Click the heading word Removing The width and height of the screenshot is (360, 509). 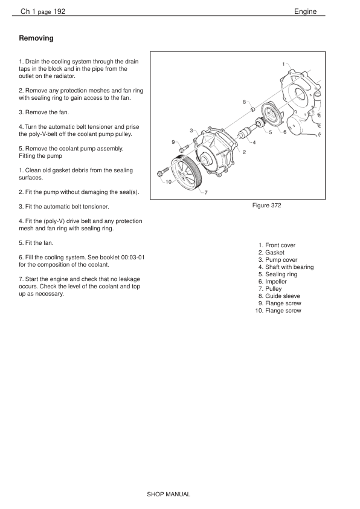coord(36,38)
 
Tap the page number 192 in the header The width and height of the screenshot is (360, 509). coord(59,11)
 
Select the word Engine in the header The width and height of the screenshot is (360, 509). coord(305,11)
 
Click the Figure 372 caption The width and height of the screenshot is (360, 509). coord(266,206)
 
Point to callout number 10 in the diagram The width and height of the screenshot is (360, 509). coord(169,182)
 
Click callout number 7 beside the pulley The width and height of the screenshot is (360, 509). coord(206,192)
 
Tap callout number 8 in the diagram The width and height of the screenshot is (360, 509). coord(244,102)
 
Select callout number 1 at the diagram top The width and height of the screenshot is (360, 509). coord(283,64)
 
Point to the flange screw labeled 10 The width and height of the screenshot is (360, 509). coord(163,172)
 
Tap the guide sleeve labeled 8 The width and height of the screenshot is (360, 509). coord(253,109)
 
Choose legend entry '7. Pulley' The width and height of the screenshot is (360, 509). coord(270,289)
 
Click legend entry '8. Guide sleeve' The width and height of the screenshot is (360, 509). coord(279,296)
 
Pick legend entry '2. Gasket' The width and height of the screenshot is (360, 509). coord(271,253)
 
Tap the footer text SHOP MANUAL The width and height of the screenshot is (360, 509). coord(169,494)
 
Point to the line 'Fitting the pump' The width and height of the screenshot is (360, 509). coord(40,156)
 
